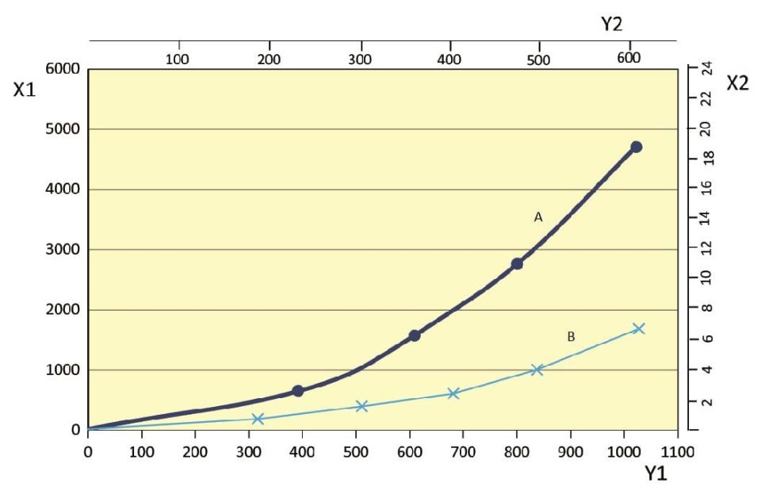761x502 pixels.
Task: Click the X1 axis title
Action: coord(24,90)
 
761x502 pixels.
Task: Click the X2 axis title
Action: coord(737,83)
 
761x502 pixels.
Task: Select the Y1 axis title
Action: coord(656,474)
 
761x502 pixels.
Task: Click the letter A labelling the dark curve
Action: coord(537,217)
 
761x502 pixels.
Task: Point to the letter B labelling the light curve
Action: coord(571,337)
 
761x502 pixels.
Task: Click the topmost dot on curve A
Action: coord(636,147)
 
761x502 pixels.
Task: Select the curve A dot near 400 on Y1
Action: coord(298,391)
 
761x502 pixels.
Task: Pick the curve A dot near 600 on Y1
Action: coord(414,335)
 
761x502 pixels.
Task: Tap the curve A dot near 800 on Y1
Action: coord(517,263)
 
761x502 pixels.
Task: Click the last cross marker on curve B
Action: coord(639,328)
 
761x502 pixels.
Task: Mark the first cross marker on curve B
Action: coord(258,419)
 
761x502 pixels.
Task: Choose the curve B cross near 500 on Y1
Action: coord(361,406)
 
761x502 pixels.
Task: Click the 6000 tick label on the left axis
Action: coord(62,69)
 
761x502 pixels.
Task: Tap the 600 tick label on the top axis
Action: coord(629,58)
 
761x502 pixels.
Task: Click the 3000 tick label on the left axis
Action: coord(62,250)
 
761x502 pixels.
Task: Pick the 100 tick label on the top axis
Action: coord(178,58)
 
